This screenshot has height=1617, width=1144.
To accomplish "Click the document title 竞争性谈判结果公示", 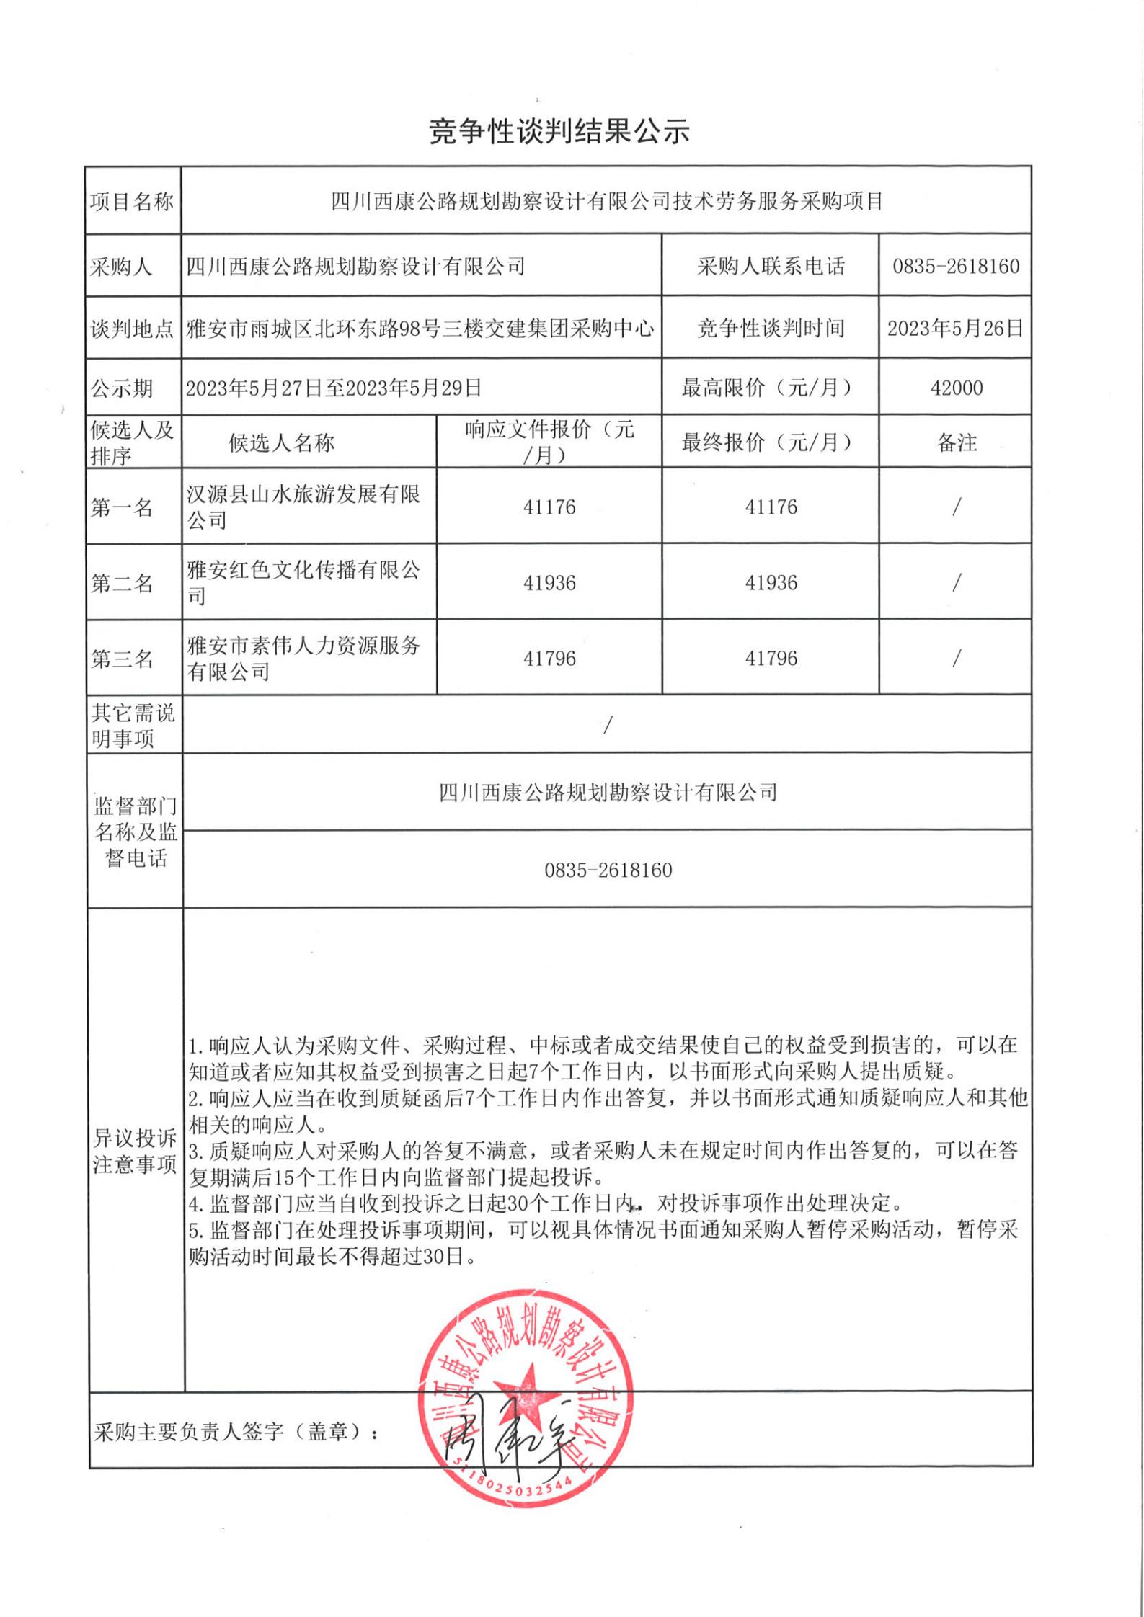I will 559,131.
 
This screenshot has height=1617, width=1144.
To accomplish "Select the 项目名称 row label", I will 132,202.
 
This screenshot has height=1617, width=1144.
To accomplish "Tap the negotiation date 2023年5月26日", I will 955,329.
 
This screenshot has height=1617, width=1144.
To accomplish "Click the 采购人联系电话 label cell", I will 770,267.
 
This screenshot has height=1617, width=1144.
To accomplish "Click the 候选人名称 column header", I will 281,442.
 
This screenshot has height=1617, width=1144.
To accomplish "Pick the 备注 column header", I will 957,442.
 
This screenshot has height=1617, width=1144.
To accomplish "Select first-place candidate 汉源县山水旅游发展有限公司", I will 303,507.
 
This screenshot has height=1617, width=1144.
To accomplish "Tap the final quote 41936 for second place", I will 771,583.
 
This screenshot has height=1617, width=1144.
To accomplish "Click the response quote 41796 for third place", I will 549,659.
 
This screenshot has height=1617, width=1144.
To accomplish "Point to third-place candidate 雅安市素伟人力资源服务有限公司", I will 303,659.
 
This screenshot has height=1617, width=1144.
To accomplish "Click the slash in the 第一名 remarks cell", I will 957,507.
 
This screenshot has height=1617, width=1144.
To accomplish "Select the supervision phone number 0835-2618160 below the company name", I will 608,870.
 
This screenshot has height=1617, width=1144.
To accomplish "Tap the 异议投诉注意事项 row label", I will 135,1151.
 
